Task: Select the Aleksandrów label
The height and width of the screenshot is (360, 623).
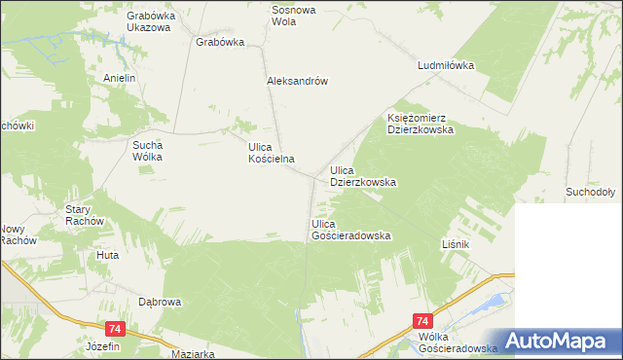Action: point(296,82)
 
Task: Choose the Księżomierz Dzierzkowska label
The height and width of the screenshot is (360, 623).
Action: point(421,122)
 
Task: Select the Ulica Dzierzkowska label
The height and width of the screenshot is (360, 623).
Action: point(362,175)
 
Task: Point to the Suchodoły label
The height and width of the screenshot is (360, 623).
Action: point(588,194)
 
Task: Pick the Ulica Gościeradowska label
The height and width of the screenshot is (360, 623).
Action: point(350,231)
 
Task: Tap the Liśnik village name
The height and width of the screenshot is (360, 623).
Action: point(457,243)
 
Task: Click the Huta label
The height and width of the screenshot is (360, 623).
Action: point(107,255)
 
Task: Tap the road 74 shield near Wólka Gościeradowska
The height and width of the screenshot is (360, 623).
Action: point(422,320)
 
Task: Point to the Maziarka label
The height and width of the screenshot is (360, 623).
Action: point(192,354)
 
